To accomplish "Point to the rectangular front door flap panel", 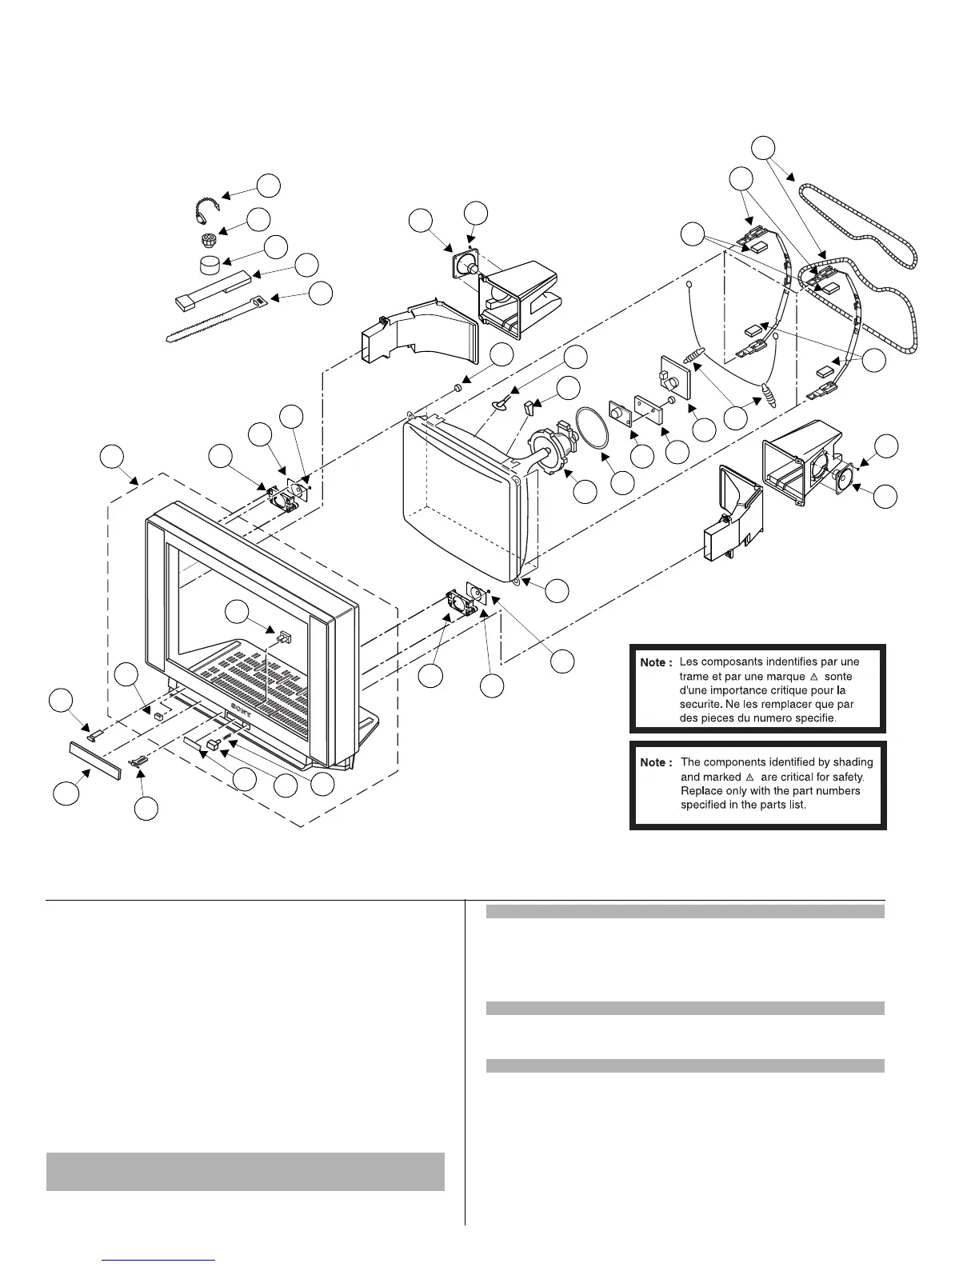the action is point(94,759).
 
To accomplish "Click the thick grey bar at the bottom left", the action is point(245,1171).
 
